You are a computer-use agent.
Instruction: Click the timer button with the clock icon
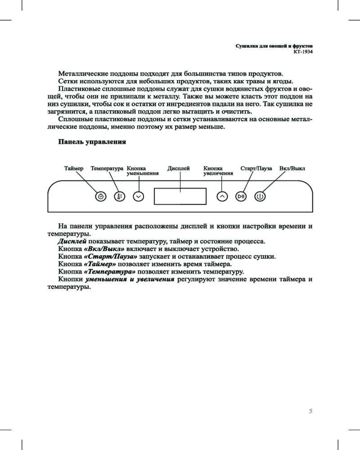pos(101,197)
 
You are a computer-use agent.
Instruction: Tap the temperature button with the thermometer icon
pos(119,197)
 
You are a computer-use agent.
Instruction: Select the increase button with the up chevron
pos(221,197)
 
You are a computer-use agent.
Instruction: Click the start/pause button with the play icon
pos(242,197)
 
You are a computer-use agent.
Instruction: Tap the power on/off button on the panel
pos(260,197)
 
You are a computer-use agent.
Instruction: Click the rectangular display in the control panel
pos(180,197)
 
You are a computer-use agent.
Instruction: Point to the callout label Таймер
pos(74,168)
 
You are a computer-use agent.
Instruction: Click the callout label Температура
pos(107,168)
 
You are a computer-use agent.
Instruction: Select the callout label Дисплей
pos(179,168)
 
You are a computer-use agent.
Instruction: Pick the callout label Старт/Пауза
pos(256,168)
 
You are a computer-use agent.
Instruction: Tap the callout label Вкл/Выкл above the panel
pos(292,168)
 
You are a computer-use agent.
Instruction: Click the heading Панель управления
pos(92,142)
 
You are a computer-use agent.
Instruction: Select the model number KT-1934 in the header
pos(303,52)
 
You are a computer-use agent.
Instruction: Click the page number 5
pos(310,411)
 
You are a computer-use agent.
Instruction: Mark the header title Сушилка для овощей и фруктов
pos(274,46)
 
